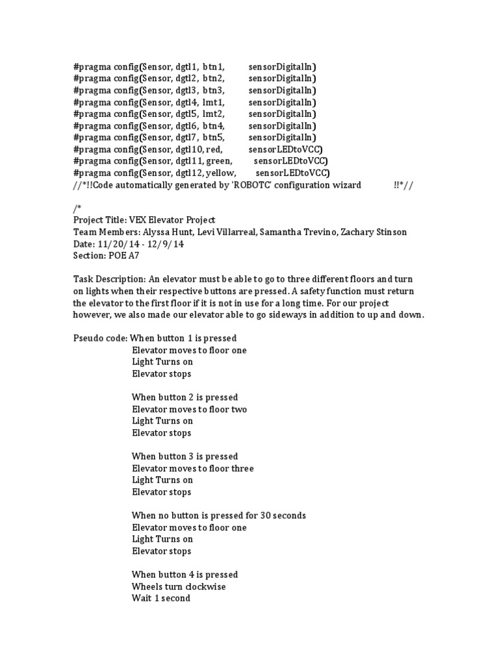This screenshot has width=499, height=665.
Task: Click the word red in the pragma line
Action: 214,150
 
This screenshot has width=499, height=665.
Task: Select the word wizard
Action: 345,185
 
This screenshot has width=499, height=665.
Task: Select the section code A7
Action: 131,256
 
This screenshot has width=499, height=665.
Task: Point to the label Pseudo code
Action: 98,338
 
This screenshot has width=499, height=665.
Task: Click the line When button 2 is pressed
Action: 185,397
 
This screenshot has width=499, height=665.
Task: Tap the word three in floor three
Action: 240,468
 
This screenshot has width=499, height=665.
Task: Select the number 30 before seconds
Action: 266,516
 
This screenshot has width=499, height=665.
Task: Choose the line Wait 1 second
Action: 161,598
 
